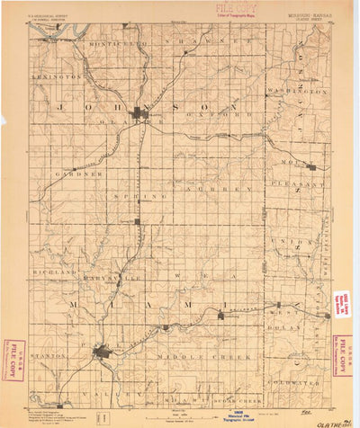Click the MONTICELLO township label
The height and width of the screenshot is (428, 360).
point(123,43)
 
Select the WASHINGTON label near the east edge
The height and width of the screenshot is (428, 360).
point(301,92)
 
